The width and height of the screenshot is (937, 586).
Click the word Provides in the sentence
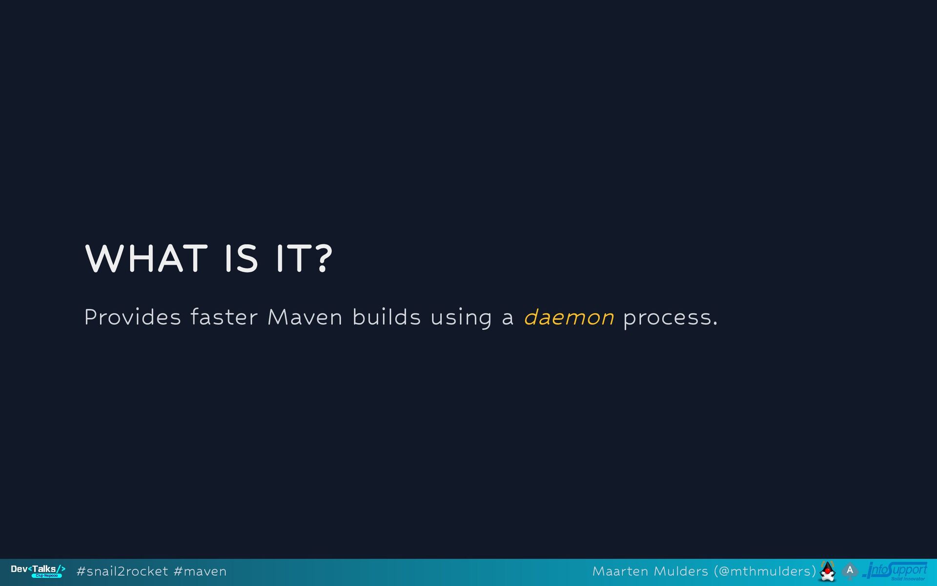pos(133,317)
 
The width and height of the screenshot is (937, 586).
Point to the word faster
pos(224,317)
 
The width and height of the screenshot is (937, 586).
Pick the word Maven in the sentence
pos(305,317)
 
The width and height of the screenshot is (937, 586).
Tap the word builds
pos(387,317)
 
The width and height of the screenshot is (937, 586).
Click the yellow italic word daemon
pos(569,317)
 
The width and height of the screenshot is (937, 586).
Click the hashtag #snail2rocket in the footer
pos(122,571)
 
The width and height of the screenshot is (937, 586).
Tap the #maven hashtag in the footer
pos(200,571)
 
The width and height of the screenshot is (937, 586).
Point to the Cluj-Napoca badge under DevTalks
pos(47,576)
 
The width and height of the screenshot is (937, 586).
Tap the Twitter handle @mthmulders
pos(765,571)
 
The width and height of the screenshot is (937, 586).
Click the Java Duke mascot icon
pos(828,571)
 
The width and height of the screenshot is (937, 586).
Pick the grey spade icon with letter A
pos(850,571)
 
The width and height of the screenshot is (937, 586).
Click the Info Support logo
pos(895,571)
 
